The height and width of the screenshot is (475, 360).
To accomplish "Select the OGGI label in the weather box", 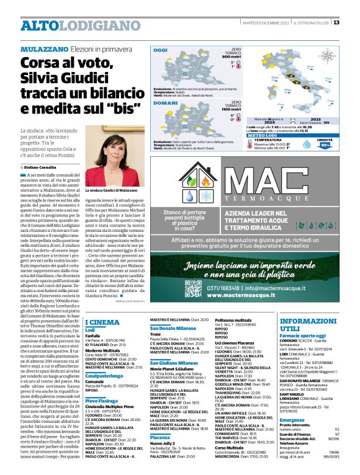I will [x=161, y=50].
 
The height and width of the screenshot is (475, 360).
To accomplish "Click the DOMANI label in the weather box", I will [x=163, y=104].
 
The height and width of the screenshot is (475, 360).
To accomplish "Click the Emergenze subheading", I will [x=292, y=420].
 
